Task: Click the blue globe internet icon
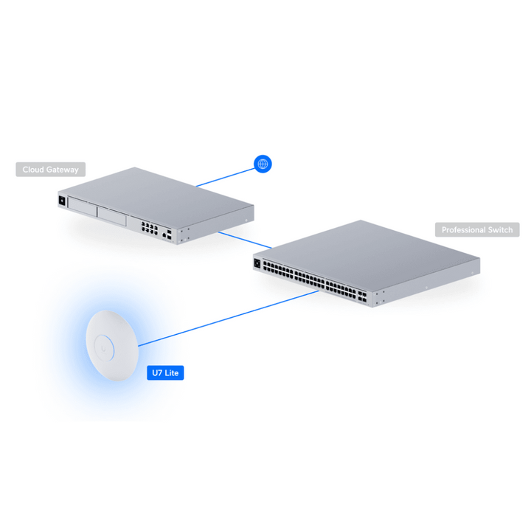pos(263,164)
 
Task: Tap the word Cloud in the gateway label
pos(33,170)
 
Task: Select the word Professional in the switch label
pos(464,230)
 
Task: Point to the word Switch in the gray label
pos(501,230)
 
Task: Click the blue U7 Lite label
pos(165,373)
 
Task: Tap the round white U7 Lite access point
pos(112,345)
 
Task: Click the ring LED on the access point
pos(104,349)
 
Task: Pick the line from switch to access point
pos(229,319)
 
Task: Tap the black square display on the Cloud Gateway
pos(62,201)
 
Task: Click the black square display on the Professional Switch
pos(257,263)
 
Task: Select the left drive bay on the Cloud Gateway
pos(83,206)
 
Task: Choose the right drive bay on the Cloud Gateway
pos(112,216)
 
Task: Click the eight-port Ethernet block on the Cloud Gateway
pos(149,228)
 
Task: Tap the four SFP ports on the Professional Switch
pos(361,296)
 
